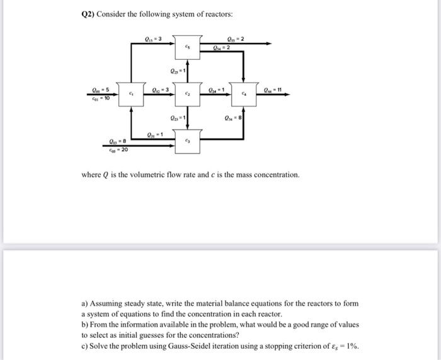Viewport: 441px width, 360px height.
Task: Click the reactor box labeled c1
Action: tap(131, 95)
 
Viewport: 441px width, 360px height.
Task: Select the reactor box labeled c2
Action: tap(187, 95)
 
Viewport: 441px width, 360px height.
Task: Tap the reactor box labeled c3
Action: tap(187, 141)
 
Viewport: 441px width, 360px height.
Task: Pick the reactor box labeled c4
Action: tap(243, 95)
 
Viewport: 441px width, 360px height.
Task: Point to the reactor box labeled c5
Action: tap(187, 47)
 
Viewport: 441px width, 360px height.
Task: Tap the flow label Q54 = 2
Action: tap(222, 47)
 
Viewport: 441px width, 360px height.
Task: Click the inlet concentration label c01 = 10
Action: tap(100, 98)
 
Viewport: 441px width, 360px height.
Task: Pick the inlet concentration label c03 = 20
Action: tap(118, 150)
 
